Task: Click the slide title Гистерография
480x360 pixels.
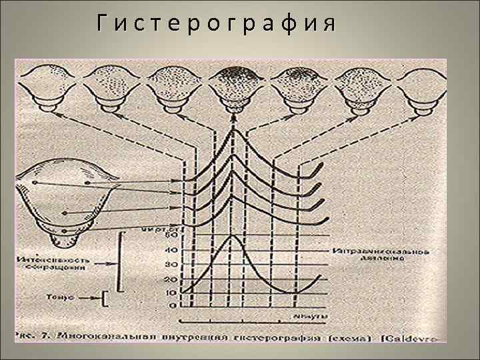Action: click(x=215, y=25)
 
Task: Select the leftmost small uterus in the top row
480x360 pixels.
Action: click(x=47, y=86)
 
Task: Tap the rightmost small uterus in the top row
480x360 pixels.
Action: click(x=420, y=86)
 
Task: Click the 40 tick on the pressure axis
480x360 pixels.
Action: click(x=173, y=251)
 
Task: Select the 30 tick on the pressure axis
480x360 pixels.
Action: click(x=173, y=265)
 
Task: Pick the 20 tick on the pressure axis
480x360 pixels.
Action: click(x=173, y=279)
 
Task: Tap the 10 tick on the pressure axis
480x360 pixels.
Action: click(x=173, y=292)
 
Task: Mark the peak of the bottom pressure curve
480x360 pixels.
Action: click(x=232, y=236)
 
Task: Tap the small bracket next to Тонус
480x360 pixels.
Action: click(x=105, y=297)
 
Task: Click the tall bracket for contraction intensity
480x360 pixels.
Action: click(x=121, y=261)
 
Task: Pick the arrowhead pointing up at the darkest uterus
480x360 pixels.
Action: click(x=233, y=117)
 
